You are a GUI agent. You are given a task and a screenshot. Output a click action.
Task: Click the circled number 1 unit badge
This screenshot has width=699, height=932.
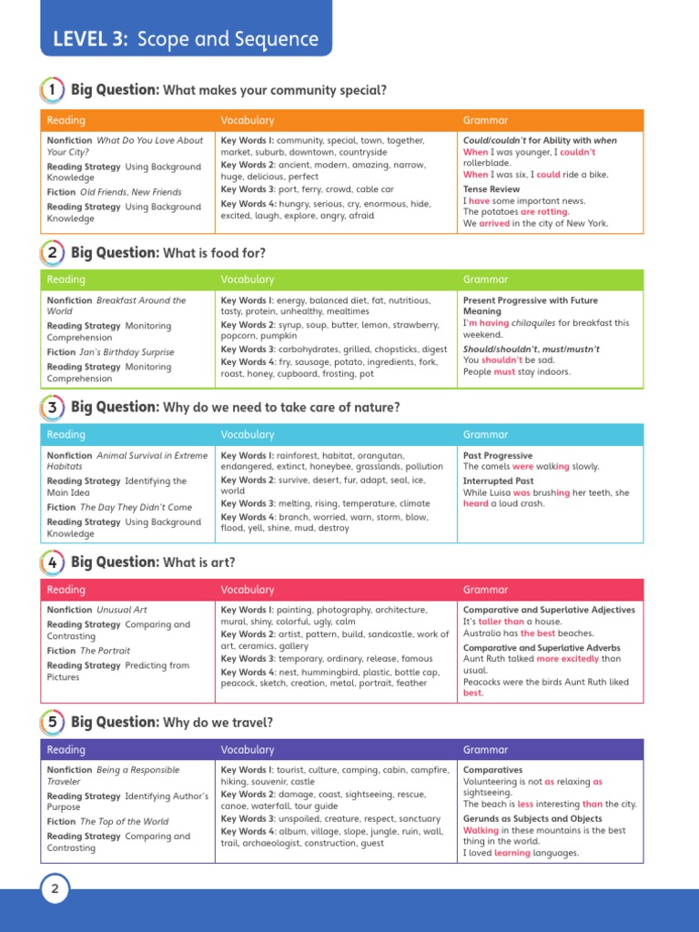click(53, 90)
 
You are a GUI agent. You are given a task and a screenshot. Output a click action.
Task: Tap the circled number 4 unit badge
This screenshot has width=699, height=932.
click(53, 562)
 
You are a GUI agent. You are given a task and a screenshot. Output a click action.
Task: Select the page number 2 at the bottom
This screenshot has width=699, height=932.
click(54, 890)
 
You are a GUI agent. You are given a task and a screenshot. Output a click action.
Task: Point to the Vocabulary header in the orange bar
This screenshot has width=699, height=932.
click(248, 120)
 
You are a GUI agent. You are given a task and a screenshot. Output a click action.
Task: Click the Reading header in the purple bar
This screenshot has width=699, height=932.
click(66, 750)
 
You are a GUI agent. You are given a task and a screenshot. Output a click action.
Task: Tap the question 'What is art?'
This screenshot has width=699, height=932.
click(198, 563)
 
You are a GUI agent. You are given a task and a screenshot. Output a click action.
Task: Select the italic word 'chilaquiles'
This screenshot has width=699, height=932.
click(534, 323)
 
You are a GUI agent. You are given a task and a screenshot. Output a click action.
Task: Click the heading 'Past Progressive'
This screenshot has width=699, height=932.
click(498, 456)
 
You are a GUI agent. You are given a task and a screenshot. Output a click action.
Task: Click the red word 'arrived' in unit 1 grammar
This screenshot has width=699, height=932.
click(494, 223)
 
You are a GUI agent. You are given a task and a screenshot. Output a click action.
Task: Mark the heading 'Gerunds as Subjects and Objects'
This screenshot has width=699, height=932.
click(532, 819)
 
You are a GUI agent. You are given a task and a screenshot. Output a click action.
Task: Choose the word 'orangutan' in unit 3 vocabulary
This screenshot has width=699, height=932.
click(376, 456)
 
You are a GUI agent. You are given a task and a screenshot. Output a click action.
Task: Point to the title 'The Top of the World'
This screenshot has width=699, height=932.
click(124, 822)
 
